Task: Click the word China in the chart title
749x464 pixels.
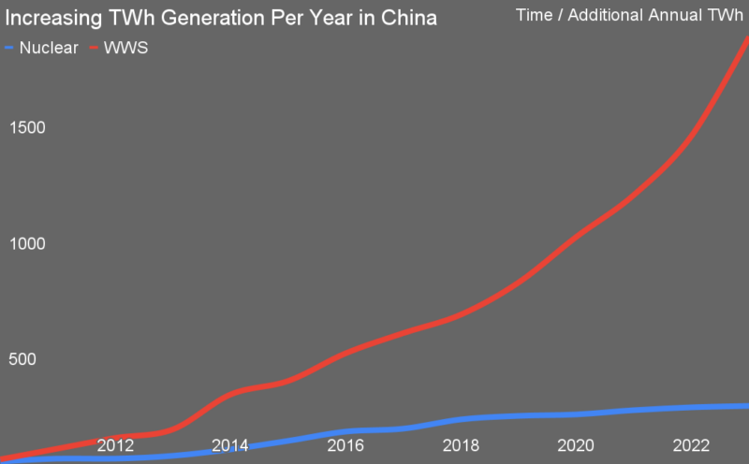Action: [407, 19]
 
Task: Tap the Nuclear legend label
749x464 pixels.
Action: [49, 47]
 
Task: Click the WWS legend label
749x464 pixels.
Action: [126, 47]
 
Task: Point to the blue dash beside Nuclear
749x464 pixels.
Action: [9, 48]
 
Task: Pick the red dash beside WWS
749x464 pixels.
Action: [94, 48]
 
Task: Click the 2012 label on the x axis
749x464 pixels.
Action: [114, 445]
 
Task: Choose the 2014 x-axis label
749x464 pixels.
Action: [230, 445]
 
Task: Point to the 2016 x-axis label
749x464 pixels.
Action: [345, 445]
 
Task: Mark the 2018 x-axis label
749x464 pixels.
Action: [461, 445]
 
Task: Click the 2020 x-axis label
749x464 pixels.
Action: [577, 445]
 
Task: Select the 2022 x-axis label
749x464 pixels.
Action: [692, 445]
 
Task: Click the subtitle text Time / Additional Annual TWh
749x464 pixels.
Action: [628, 15]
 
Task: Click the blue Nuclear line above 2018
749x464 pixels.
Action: [461, 419]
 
